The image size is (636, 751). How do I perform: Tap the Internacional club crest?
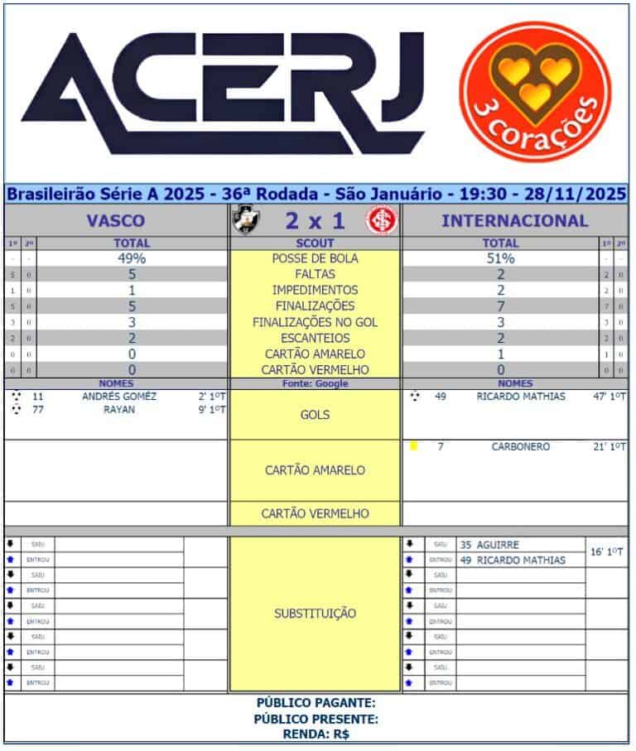pos(382,220)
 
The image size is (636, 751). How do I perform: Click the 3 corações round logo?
pos(534,92)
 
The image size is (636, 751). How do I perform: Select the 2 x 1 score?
pos(314,221)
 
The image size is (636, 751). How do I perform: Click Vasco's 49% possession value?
pos(132,258)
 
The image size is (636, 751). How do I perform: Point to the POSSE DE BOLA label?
pos(315,258)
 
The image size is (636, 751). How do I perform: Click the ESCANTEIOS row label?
pos(315,338)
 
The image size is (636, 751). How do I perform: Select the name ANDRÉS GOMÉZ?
pos(119,397)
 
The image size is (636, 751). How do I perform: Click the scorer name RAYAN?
pos(119,409)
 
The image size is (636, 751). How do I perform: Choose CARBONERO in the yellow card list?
pos(521,447)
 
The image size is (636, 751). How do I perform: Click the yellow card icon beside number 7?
pos(413,446)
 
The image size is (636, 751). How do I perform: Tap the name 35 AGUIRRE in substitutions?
pos(489,545)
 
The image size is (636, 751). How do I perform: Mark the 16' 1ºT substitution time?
pos(606,551)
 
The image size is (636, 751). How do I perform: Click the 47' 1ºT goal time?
pos(606,397)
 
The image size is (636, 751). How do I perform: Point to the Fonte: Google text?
pos(315,384)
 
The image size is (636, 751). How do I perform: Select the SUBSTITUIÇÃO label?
pos(315,614)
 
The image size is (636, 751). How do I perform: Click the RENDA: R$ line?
pos(316,734)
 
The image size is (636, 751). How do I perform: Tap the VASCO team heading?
pos(116,221)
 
